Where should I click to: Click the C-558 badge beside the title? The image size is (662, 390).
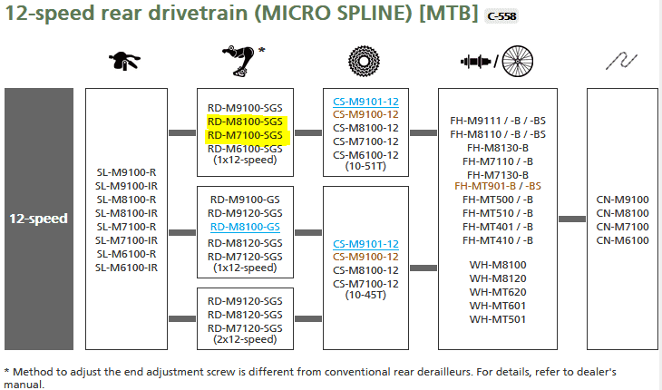click(x=501, y=16)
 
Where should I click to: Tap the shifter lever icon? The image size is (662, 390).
click(x=124, y=61)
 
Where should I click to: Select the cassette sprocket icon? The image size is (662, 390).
click(x=364, y=61)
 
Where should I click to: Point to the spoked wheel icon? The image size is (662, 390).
click(x=518, y=61)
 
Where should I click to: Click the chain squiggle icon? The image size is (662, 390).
click(x=621, y=61)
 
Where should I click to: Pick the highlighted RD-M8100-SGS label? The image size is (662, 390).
click(x=245, y=122)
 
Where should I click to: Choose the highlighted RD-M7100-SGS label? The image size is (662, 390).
click(x=245, y=135)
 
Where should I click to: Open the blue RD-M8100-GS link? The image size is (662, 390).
click(x=245, y=227)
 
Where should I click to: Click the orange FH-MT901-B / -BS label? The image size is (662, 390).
click(x=498, y=186)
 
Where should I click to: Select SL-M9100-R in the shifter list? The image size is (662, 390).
click(x=126, y=172)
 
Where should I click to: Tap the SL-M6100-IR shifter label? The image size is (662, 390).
click(x=126, y=268)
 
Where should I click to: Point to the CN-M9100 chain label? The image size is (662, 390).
click(x=622, y=200)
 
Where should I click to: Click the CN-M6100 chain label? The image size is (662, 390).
click(x=622, y=240)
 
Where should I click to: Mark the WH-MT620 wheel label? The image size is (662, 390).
click(x=498, y=292)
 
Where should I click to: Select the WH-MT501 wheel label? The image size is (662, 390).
click(x=498, y=319)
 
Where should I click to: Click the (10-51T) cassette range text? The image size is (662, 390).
click(x=365, y=166)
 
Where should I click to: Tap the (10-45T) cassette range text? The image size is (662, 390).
click(x=365, y=295)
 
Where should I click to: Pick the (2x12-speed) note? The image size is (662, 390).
click(x=245, y=339)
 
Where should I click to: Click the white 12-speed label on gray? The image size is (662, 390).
click(x=38, y=219)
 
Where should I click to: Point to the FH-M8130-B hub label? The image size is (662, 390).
click(x=498, y=148)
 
